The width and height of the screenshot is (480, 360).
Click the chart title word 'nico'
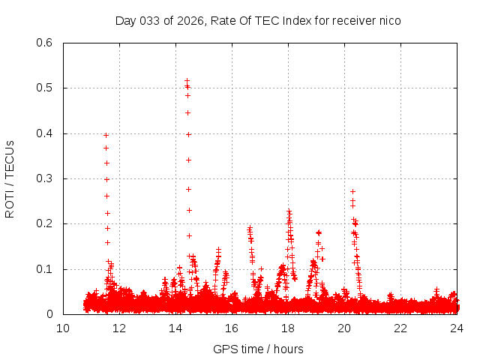390,20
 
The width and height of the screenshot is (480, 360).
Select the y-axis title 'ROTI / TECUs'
10,178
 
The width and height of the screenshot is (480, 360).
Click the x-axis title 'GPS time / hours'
259,349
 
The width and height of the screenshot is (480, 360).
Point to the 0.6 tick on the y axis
44,43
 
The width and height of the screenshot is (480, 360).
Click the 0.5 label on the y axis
44,88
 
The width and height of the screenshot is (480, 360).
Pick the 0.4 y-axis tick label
44,133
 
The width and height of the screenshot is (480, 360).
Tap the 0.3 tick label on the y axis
44,178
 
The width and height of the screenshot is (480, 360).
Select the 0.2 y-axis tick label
44,223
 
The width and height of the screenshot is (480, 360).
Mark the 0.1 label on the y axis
44,269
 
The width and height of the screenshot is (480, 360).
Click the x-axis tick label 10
63,328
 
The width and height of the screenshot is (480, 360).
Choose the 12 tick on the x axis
119,328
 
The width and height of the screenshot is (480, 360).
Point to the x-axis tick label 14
175,328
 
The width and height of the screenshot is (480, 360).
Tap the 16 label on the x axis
232,328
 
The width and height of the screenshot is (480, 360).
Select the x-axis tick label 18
288,328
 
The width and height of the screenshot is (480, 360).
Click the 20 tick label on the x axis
344,328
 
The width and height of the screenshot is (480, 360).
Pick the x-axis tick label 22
400,328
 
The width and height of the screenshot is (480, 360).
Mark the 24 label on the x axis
457,328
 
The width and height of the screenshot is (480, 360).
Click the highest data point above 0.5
187,80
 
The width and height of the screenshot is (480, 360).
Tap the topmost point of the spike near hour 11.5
106,135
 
